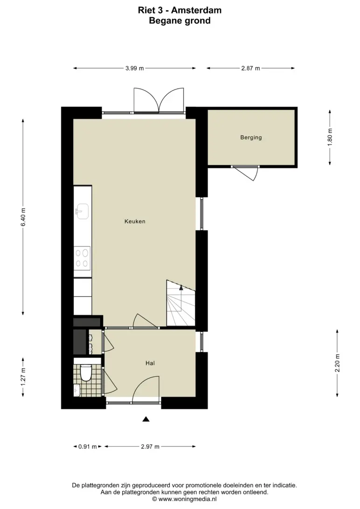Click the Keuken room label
[x=135, y=221]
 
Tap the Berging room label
[x=251, y=138]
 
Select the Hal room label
[x=150, y=363]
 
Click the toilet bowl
[x=86, y=373]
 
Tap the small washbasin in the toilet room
[x=76, y=390]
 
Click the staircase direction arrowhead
[x=181, y=287]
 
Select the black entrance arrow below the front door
[x=146, y=419]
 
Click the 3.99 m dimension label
[x=135, y=69]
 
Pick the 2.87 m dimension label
[x=250, y=69]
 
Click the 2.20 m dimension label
[x=338, y=363]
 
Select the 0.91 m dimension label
[x=88, y=447]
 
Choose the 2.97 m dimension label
[x=150, y=447]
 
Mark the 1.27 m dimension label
[x=23, y=377]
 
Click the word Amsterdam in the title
[x=196, y=10]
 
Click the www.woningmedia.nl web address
[x=187, y=499]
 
